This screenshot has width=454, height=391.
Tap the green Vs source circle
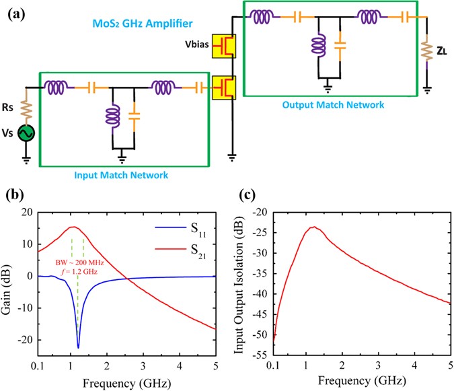click(x=26, y=135)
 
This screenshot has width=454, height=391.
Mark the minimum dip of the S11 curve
click(x=78, y=347)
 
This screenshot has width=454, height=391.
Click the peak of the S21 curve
click(x=73, y=227)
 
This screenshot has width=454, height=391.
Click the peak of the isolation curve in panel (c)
click(x=313, y=227)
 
